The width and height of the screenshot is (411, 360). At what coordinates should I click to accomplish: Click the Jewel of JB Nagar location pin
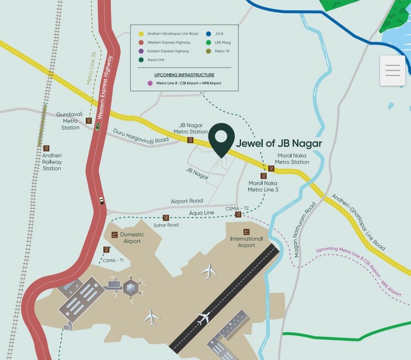(x=221, y=139)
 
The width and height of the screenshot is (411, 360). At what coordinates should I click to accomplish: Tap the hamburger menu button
(x=393, y=71)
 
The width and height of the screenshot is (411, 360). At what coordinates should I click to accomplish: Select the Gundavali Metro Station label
(x=71, y=121)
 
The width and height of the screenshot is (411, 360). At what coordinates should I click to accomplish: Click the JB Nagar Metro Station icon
(x=190, y=140)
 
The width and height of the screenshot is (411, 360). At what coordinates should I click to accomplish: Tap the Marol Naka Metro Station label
(x=292, y=158)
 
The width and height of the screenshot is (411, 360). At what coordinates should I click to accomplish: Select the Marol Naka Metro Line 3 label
(x=263, y=186)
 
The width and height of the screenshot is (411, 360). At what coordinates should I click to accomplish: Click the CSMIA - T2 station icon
(x=238, y=215)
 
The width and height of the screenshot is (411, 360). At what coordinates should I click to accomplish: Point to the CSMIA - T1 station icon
(x=106, y=250)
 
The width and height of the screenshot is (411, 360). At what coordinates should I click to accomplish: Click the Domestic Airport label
(x=132, y=237)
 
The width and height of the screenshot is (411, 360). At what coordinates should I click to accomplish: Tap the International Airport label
(x=247, y=241)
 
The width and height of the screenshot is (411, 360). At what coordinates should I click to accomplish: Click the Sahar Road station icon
(x=166, y=218)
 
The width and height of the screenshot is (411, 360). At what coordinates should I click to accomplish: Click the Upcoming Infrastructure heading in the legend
(x=184, y=75)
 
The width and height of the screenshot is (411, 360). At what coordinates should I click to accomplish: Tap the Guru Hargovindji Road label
(x=141, y=136)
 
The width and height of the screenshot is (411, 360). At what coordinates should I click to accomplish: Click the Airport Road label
(x=186, y=201)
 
